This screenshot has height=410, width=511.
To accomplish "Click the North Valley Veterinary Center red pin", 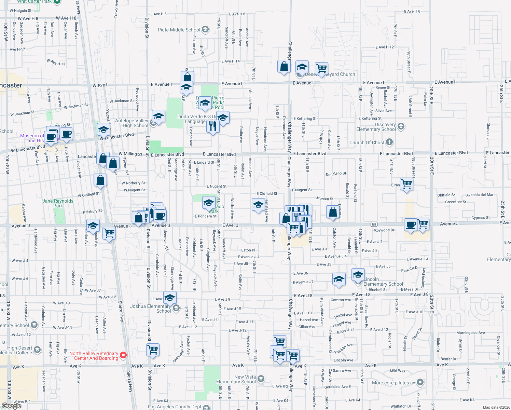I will [123, 355].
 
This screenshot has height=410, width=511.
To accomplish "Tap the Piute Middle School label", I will [179, 30].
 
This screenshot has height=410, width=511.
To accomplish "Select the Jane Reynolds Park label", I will [58, 203].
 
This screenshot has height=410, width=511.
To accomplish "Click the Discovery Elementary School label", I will [376, 127].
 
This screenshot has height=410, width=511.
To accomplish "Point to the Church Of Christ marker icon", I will [389, 142].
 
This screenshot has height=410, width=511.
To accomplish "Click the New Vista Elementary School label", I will [236, 379].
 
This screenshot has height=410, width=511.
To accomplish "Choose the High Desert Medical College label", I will [19, 350].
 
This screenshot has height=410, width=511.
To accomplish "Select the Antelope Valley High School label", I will [132, 123].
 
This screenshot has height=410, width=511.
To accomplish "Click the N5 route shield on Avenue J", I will [374, 224].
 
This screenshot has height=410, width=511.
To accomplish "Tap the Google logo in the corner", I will [11, 406].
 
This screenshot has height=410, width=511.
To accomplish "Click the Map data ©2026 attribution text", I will [495, 407].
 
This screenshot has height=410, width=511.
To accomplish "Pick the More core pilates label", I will [393, 383].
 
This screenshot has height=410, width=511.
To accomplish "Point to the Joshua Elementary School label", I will [150, 309].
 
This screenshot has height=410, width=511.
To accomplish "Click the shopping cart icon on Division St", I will [153, 350].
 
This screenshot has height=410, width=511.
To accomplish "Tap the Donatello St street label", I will [336, 174].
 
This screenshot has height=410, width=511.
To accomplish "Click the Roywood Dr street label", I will [384, 230].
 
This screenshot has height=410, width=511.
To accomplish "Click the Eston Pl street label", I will [248, 250].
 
